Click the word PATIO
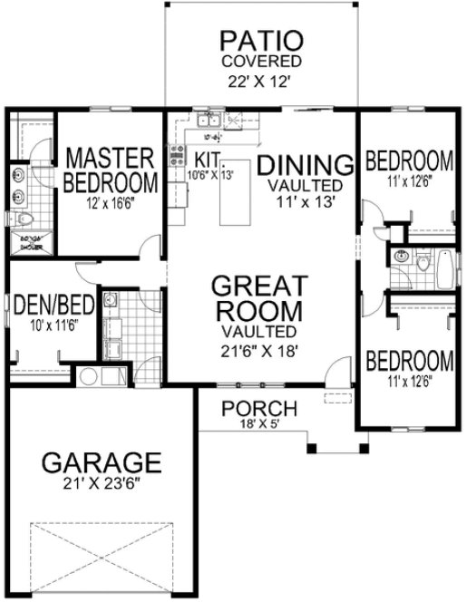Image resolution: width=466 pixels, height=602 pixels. (261, 42)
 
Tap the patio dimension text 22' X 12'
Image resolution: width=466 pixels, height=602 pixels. (262, 79)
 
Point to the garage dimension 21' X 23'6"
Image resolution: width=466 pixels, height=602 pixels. (102, 485)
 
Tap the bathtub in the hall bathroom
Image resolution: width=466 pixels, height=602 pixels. (443, 268)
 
